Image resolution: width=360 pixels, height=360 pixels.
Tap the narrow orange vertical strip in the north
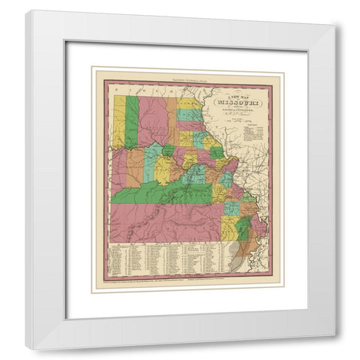point(171,120)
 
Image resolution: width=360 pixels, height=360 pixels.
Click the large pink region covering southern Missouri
point(165,217)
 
